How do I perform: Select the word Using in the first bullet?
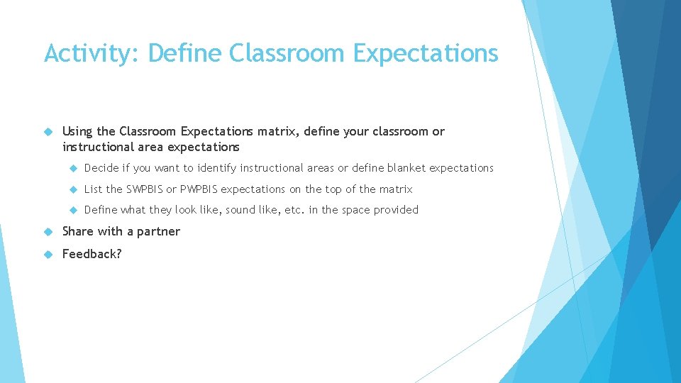(x=77, y=131)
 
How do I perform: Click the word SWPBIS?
(x=145, y=189)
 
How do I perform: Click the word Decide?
(x=101, y=168)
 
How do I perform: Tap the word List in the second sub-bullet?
(x=93, y=189)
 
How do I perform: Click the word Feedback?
(x=92, y=254)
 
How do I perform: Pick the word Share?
(x=78, y=231)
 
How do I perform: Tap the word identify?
(x=217, y=168)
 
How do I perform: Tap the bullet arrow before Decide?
(x=72, y=168)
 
